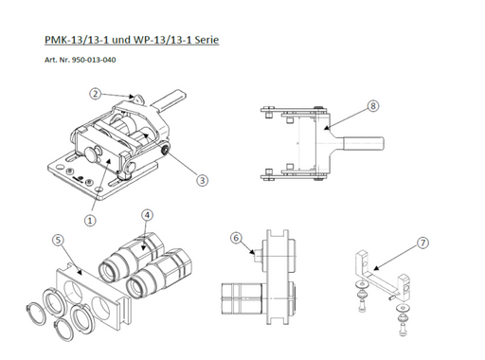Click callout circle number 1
coord(90,220)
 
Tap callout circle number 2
coord(95,94)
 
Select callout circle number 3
coord(202,180)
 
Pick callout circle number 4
coord(147,215)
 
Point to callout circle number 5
coord(58,240)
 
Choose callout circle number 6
coord(236,238)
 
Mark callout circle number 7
coord(422,243)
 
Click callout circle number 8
coord(373,106)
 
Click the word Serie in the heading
coord(207,40)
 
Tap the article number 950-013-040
coord(94,60)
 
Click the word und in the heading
coord(121,40)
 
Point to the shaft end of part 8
coord(364,143)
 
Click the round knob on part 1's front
coord(91,154)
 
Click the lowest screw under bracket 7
coord(403,328)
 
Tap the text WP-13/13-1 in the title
coord(162,40)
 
